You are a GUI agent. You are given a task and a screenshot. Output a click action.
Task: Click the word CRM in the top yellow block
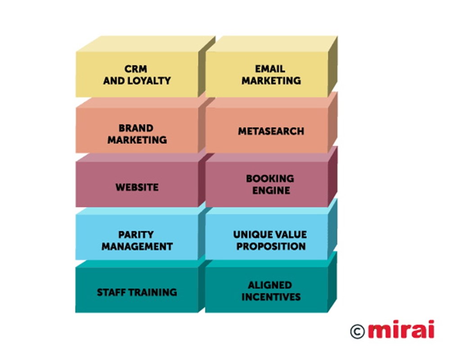(136, 69)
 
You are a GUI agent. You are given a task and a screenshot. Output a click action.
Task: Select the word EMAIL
(270, 69)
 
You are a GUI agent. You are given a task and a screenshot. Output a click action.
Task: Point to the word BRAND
(136, 128)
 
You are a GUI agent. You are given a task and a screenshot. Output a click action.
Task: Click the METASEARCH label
(271, 131)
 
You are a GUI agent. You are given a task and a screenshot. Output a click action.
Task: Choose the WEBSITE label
(137, 187)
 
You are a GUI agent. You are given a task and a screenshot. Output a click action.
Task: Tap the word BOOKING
(270, 178)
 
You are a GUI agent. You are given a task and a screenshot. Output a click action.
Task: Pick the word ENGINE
(271, 190)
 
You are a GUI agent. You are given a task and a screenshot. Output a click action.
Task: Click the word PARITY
(136, 234)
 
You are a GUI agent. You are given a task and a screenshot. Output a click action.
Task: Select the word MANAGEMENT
(137, 246)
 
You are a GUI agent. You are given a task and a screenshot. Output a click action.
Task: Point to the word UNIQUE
(250, 234)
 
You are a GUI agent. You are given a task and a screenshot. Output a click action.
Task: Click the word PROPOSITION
(271, 246)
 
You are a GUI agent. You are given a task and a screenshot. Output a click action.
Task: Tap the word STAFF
(112, 292)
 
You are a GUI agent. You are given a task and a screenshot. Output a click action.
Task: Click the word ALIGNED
(270, 285)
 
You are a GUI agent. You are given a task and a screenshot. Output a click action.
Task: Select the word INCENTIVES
(271, 297)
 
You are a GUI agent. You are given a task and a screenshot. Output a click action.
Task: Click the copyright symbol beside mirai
(357, 331)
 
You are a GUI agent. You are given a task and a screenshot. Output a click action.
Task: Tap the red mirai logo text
(401, 329)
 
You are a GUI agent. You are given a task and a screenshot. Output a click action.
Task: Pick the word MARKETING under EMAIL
(271, 81)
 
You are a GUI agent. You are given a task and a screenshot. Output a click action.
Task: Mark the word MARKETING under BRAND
(137, 140)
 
